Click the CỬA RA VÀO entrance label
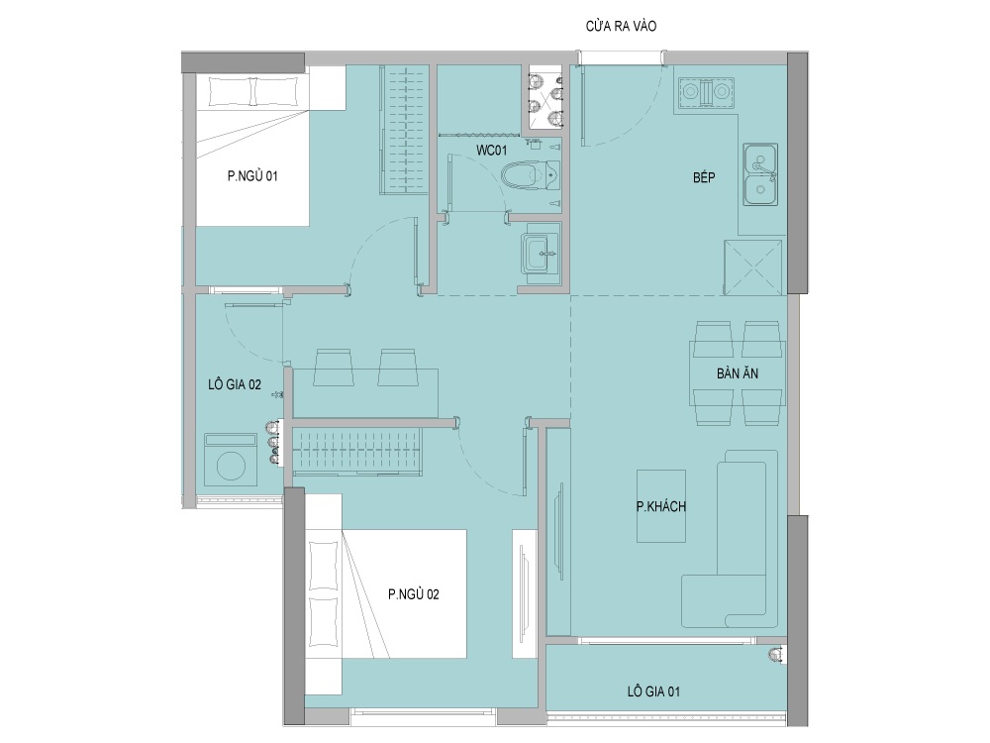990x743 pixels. (622, 26)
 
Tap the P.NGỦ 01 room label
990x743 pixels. (252, 175)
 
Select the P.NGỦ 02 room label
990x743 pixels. (414, 593)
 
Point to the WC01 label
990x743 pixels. (491, 151)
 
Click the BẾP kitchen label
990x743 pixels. (704, 177)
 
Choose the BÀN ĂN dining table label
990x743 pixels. (738, 373)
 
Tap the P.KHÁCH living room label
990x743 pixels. (661, 506)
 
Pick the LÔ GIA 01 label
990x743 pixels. (653, 691)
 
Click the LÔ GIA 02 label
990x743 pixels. (235, 384)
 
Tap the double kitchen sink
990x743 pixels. (760, 173)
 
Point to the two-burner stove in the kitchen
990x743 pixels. (707, 92)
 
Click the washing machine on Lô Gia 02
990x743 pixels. (231, 461)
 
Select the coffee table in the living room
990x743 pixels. (661, 506)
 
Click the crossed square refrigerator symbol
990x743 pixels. (753, 267)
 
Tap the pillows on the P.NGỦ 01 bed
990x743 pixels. (253, 91)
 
